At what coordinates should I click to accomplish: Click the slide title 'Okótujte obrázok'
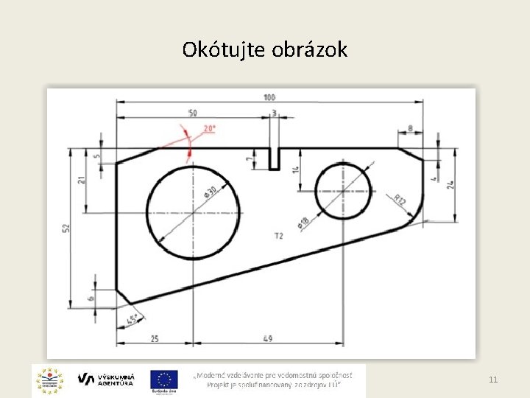(265, 50)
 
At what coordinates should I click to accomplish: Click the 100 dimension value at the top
(269, 97)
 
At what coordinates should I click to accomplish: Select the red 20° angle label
(210, 128)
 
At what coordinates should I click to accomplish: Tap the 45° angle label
(132, 320)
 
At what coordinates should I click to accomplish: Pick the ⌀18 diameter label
(303, 222)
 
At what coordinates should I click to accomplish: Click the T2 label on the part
(278, 236)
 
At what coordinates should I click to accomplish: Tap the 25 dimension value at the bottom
(155, 338)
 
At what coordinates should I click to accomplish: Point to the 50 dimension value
(192, 114)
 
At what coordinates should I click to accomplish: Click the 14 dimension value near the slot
(296, 170)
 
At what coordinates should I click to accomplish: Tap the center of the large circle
(194, 212)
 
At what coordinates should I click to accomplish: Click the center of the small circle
(343, 191)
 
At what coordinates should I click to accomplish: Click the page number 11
(493, 380)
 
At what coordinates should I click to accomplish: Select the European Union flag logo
(164, 380)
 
